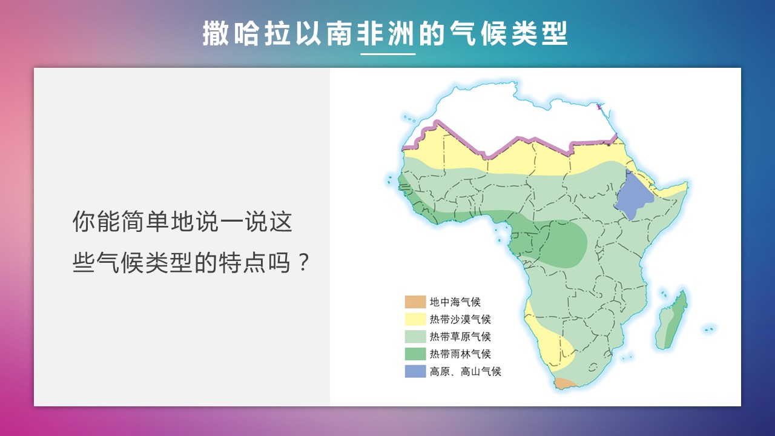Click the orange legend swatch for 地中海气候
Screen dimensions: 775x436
coord(415,302)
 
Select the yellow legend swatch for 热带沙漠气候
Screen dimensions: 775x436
coord(415,319)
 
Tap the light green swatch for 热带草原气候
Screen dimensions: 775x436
coord(415,336)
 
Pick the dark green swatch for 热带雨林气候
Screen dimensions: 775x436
coord(415,354)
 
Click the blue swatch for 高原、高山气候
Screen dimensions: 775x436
coord(415,371)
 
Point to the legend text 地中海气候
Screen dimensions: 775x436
coord(455,302)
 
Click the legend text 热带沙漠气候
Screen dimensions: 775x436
coord(460,319)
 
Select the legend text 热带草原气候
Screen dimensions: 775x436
coord(460,336)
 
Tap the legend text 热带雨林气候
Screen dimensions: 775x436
coord(460,354)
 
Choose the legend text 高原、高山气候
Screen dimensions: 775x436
coord(466,372)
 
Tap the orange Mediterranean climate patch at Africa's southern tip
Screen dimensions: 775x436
coord(566,383)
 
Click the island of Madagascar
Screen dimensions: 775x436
coord(671,320)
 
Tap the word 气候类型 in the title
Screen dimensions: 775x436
coord(509,33)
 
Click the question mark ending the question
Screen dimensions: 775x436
coord(303,262)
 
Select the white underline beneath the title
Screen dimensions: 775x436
coord(388,54)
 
